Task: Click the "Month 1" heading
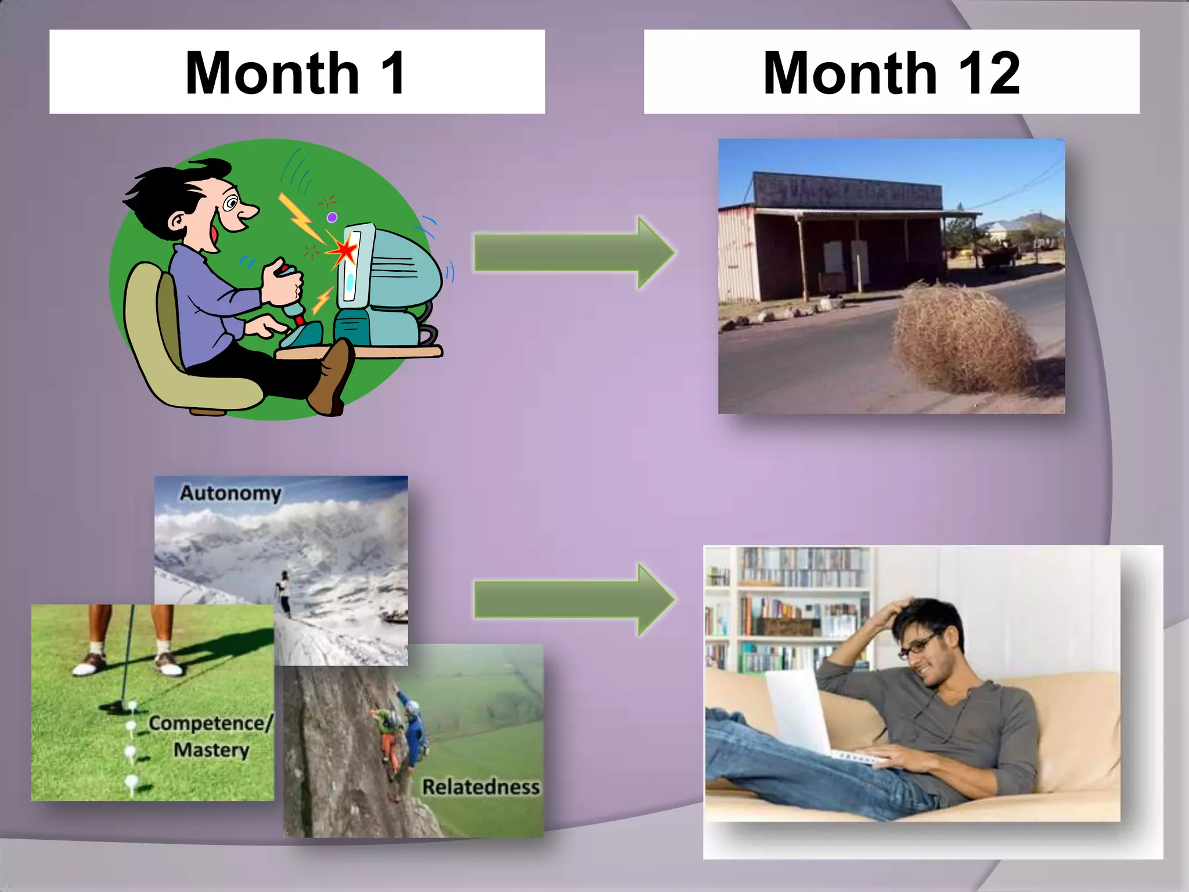(x=296, y=72)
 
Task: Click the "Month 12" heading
(x=891, y=72)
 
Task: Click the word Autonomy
(x=230, y=493)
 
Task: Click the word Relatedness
(x=481, y=787)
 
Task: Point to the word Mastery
(x=211, y=750)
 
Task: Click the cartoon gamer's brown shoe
(x=331, y=377)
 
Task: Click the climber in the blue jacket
(x=415, y=732)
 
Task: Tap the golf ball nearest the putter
(x=132, y=706)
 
